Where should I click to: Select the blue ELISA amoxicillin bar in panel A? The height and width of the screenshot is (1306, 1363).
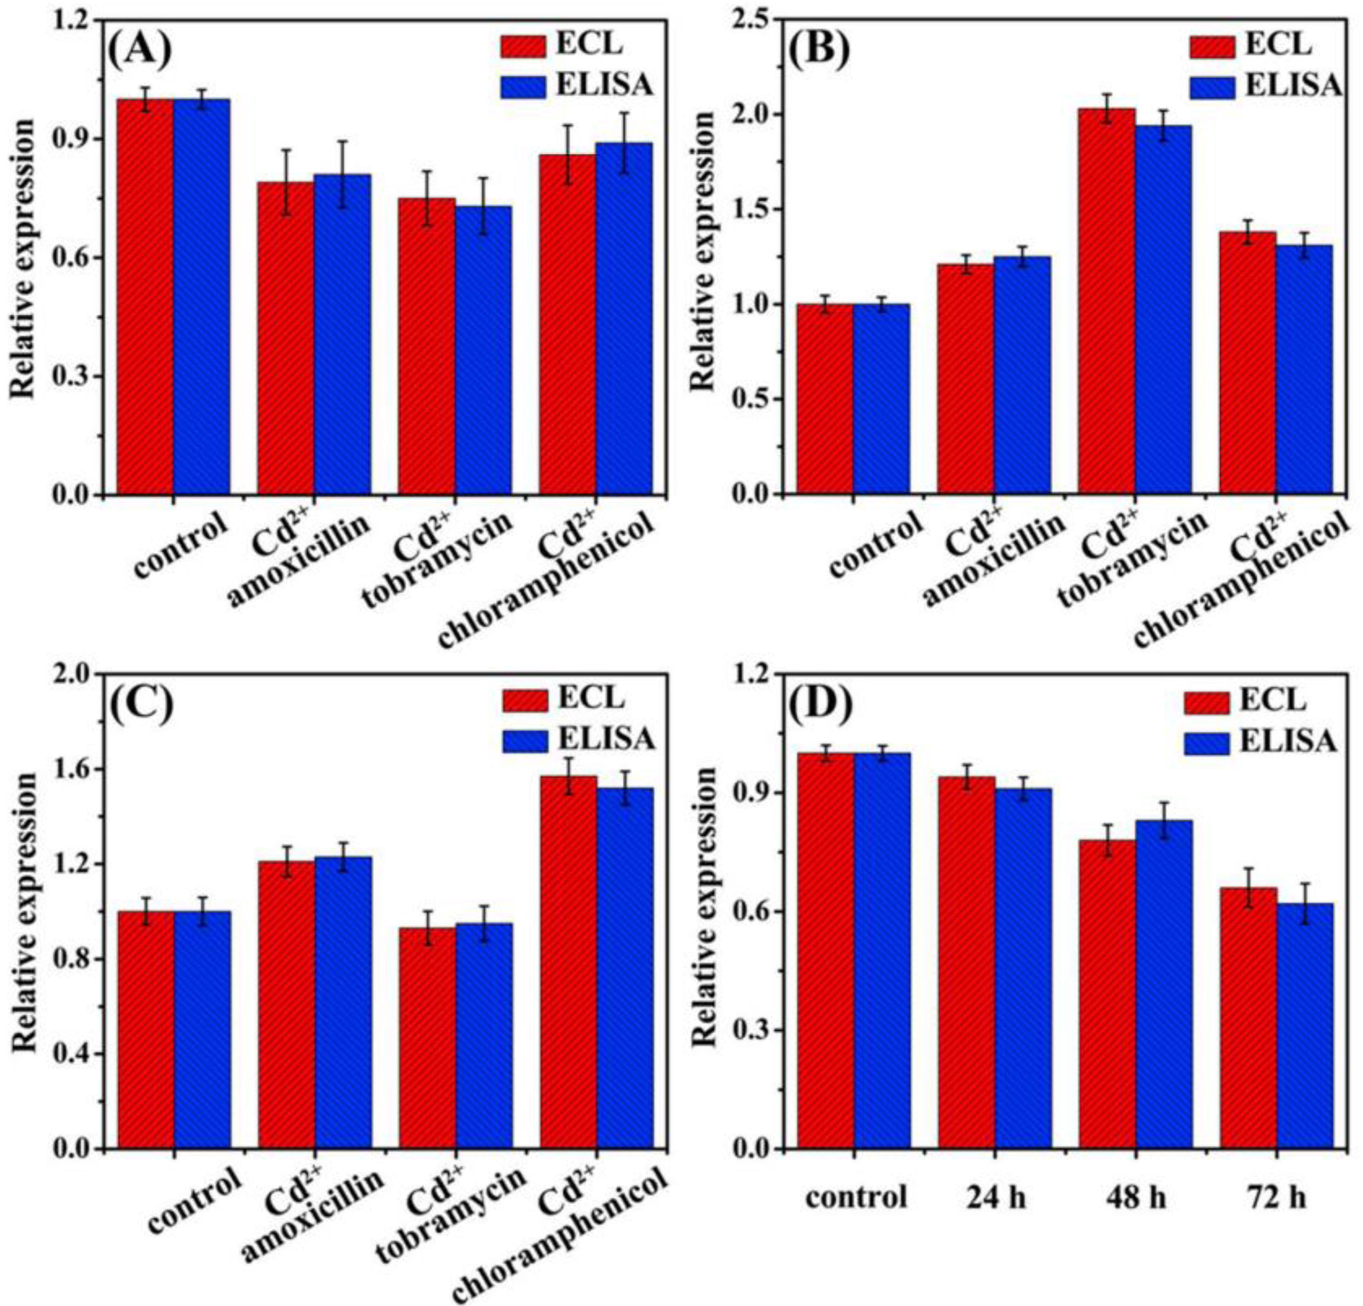click(342, 335)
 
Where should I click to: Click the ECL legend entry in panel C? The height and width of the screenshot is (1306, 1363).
click(563, 698)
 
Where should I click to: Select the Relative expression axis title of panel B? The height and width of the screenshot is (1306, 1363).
click(706, 250)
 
